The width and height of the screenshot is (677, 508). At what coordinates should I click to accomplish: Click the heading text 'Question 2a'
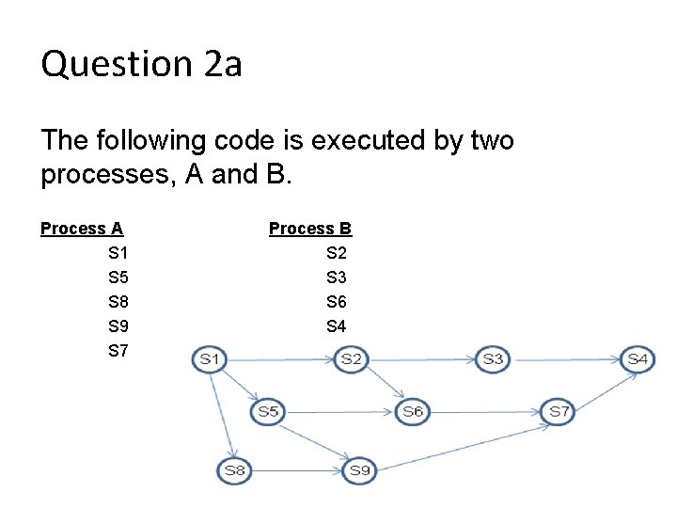click(x=141, y=65)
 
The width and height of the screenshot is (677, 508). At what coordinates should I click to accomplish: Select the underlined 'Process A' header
click(x=82, y=229)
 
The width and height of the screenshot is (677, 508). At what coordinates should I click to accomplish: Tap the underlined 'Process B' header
click(x=310, y=229)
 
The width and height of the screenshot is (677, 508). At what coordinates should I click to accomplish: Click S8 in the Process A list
click(x=118, y=302)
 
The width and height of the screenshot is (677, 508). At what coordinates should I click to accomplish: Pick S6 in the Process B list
click(x=336, y=302)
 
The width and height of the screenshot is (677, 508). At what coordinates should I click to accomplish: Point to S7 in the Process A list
click(x=118, y=351)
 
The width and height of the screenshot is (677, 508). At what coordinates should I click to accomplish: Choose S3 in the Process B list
click(x=336, y=278)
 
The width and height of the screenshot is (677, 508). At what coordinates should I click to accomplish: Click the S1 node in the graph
click(x=209, y=358)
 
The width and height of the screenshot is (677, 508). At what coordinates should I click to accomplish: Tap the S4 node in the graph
click(x=638, y=358)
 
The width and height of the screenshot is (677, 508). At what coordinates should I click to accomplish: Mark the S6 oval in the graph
click(x=412, y=411)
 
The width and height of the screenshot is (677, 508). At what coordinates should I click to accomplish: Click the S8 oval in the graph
click(x=234, y=469)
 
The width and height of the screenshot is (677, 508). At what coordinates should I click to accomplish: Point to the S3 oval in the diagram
click(x=493, y=358)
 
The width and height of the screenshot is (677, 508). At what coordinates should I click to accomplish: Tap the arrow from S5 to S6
click(x=340, y=411)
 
